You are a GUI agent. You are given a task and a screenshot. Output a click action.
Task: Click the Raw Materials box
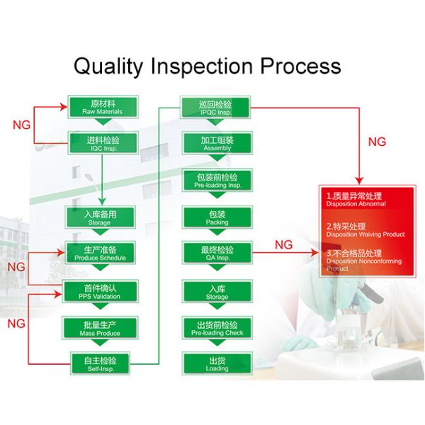(x=102, y=107)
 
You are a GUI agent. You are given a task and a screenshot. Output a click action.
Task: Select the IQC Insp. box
(x=102, y=144)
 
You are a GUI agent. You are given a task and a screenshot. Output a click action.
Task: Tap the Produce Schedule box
(x=100, y=253)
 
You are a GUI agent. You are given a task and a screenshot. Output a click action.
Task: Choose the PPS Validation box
(x=100, y=291)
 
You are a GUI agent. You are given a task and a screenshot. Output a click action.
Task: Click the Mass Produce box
(x=100, y=328)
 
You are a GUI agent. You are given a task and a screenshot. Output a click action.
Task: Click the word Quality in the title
(x=110, y=67)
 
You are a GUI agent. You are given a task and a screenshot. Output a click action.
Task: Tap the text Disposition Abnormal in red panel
(x=356, y=204)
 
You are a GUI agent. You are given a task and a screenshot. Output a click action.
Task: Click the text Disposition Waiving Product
(x=365, y=234)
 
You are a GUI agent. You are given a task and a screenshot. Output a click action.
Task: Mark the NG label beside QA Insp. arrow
(x=284, y=244)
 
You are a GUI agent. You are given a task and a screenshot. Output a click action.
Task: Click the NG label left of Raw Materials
(x=22, y=125)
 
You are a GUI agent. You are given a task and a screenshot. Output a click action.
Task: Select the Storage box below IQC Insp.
(x=100, y=217)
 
